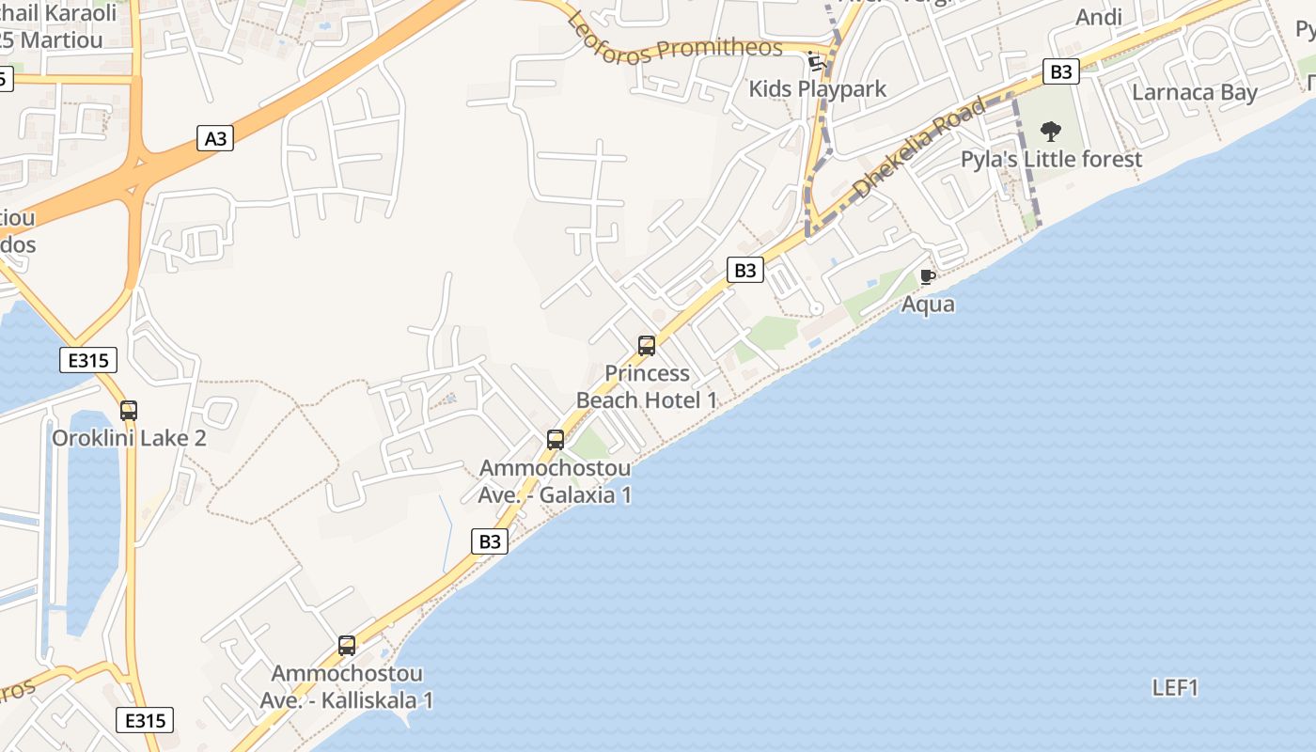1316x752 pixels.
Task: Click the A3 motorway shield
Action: point(216,138)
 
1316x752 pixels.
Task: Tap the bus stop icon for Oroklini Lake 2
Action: point(129,411)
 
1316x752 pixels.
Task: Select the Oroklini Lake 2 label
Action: point(129,438)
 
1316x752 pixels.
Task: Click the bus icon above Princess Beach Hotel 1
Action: point(647,345)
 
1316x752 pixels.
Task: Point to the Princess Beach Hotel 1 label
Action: point(647,386)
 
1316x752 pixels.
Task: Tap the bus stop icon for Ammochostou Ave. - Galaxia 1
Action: point(556,439)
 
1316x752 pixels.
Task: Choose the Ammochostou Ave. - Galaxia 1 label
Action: point(555,481)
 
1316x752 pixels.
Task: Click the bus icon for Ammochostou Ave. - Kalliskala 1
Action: point(347,646)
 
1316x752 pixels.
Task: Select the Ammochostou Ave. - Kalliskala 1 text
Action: point(347,687)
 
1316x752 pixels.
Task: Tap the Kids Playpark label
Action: point(818,89)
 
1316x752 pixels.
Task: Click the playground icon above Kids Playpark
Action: point(816,62)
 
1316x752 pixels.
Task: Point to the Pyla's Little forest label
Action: point(1051,159)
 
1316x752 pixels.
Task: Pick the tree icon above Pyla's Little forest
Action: point(1051,132)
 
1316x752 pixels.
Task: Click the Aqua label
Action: point(928,304)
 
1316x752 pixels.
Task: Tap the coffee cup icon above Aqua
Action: point(928,276)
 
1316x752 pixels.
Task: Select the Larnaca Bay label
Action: point(1195,92)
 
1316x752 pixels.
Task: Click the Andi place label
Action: point(1099,17)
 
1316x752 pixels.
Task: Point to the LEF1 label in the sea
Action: point(1175,688)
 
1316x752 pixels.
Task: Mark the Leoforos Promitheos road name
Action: point(675,36)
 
